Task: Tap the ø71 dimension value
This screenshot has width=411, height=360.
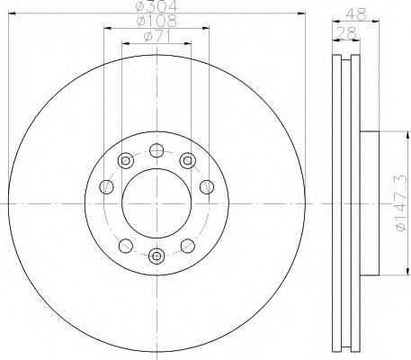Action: [x=158, y=38]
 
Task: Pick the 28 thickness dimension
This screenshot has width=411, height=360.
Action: [x=344, y=31]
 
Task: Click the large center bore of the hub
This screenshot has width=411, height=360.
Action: [x=156, y=202]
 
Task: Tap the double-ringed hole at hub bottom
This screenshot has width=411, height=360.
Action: [x=156, y=256]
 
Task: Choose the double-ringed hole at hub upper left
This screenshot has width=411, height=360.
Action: [x=125, y=160]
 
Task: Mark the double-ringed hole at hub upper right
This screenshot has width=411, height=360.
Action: [x=188, y=160]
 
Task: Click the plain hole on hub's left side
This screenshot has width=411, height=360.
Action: [x=106, y=187]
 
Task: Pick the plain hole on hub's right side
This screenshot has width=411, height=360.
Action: [x=207, y=187]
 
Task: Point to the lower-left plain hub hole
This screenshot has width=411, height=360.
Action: [x=125, y=245]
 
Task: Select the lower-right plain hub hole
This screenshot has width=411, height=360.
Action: [x=188, y=245]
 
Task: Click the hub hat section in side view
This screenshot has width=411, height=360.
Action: [x=371, y=202]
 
